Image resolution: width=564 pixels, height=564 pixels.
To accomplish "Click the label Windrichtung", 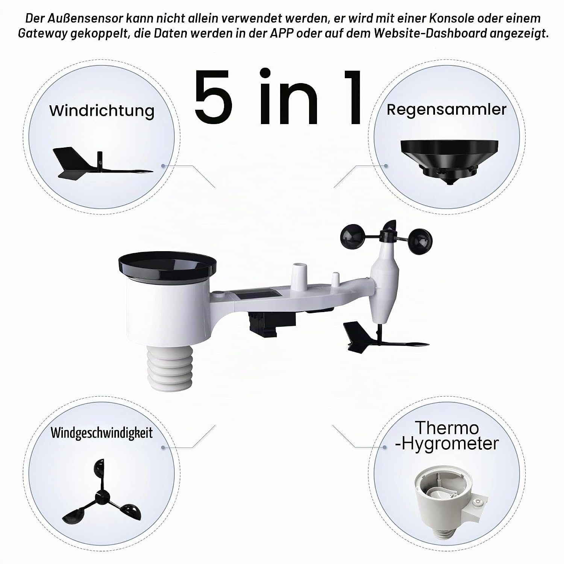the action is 102,111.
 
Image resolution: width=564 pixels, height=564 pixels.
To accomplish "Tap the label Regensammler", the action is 447,109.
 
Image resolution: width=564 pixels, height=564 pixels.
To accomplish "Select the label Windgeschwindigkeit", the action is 102,433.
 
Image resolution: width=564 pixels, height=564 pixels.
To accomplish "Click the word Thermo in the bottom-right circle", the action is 447,428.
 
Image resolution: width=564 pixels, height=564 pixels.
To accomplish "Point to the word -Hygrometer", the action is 447,444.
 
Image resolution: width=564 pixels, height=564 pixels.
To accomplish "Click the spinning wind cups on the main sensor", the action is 386,238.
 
